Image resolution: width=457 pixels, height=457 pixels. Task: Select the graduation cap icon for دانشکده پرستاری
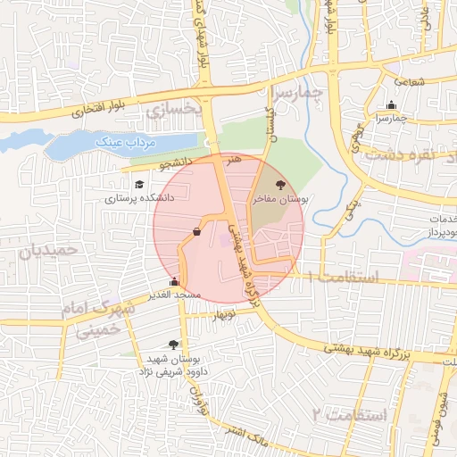pyautogui.click(x=138, y=185)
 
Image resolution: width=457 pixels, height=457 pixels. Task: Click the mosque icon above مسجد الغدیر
pyautogui.click(x=186, y=282)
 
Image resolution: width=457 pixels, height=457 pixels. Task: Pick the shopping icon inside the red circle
pyautogui.click(x=195, y=231)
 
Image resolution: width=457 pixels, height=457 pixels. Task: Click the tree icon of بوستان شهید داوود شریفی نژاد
pyautogui.click(x=172, y=344)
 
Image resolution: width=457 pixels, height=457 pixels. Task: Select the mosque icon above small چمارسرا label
pyautogui.click(x=390, y=105)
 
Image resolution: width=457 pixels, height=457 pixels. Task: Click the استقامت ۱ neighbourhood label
pyautogui.click(x=345, y=278)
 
